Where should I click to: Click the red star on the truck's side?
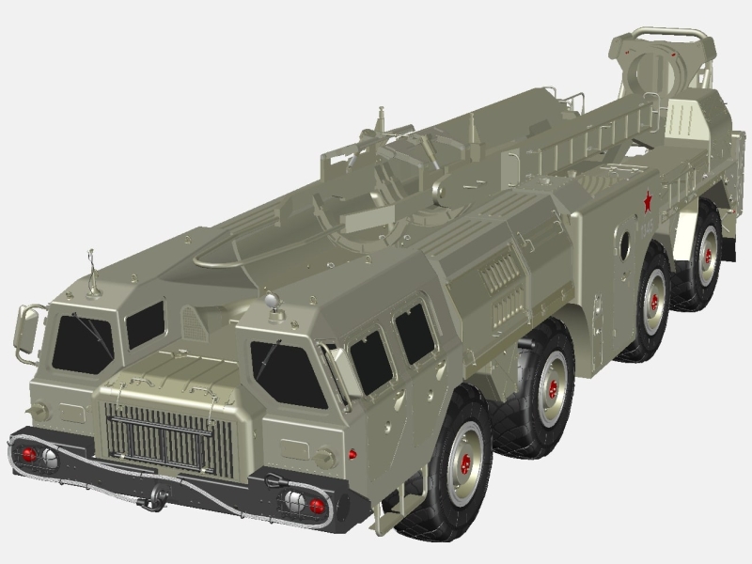pos(646,200)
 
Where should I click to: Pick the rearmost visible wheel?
pos(703,250)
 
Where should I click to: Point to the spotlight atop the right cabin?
pos(272,301)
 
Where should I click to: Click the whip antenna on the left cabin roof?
pos(92,273)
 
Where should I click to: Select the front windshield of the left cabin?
pos(81,343)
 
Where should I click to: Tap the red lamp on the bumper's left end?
pos(29,454)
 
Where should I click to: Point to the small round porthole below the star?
pos(623,243)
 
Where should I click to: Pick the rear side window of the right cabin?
pos(415,334)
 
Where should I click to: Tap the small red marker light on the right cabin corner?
pos(352,453)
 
